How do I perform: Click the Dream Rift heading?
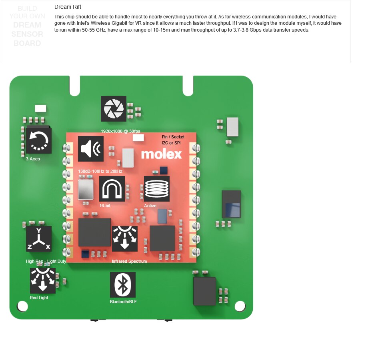click(68, 7)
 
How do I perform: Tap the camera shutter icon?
click(114, 108)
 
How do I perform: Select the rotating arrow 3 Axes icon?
click(39, 140)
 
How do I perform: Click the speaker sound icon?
click(91, 149)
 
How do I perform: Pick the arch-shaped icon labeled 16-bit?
click(112, 189)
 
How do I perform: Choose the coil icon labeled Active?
click(157, 189)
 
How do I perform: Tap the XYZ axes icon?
click(39, 239)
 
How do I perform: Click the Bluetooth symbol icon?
click(123, 285)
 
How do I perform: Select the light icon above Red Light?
click(43, 281)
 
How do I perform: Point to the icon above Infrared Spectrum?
click(125, 239)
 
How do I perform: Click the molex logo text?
click(161, 154)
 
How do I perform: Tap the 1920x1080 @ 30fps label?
click(120, 131)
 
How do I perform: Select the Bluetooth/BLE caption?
click(123, 302)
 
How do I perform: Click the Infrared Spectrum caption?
click(129, 261)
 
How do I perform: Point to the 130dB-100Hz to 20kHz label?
click(100, 171)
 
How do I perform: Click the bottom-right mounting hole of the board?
click(240, 306)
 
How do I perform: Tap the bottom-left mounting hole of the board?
click(23, 306)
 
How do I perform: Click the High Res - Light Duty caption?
click(46, 261)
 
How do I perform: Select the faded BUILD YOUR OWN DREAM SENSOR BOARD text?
click(27, 26)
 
